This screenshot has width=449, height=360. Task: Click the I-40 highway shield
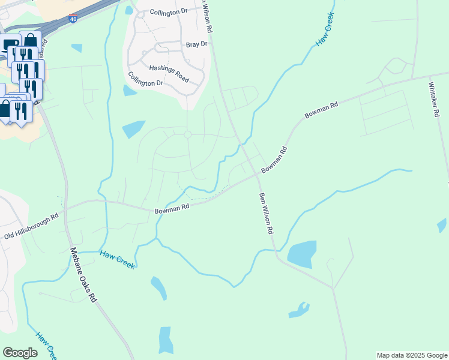(x=73, y=19)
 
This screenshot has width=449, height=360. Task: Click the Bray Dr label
(x=196, y=44)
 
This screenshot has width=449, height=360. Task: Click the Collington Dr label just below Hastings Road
(x=146, y=79)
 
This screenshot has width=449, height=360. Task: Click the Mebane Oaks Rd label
(x=83, y=275)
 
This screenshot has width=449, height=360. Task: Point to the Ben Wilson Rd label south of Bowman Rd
(x=266, y=214)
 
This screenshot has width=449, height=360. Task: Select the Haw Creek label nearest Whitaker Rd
(x=323, y=36)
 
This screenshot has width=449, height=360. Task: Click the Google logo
(x=20, y=353)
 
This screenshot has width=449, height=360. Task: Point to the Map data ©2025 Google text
(x=412, y=355)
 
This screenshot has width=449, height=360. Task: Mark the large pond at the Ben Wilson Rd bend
(x=302, y=254)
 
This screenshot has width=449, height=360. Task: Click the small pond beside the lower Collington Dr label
(x=129, y=91)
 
